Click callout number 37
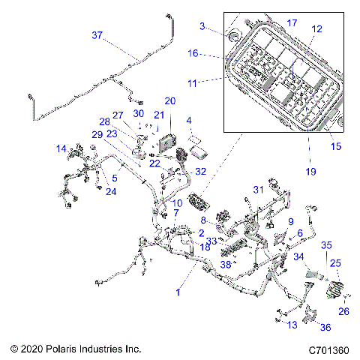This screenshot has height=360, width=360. [x=98, y=35]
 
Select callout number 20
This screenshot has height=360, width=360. [x=169, y=100]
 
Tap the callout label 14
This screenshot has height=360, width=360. [x=62, y=149]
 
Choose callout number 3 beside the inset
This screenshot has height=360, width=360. [x=202, y=27]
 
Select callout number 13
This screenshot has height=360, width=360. [x=292, y=324]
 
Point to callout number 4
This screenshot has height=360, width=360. [x=189, y=120]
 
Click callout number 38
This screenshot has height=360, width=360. [x=226, y=263]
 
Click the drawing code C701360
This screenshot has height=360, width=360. [x=328, y=349]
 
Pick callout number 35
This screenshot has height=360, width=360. [x=325, y=244]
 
